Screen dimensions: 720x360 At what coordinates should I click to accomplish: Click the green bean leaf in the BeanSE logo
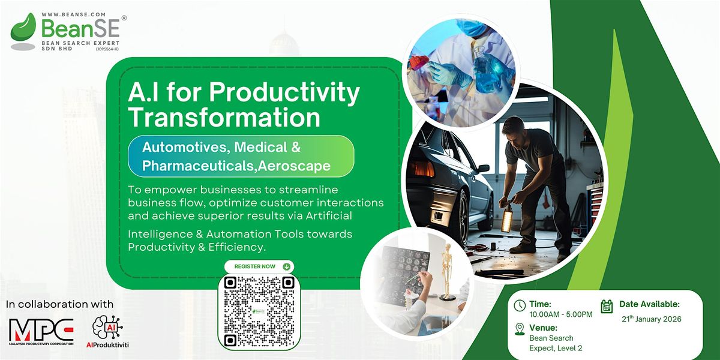pos(23,28)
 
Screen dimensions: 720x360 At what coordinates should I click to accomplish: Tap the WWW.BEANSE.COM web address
pos(74,14)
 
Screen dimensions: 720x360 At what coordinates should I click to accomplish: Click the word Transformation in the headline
pos(224,118)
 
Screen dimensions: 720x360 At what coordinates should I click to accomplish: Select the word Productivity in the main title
pos(284,93)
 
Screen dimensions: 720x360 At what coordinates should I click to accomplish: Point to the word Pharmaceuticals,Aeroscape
pos(236,166)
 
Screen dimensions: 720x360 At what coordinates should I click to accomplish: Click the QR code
pos(259,312)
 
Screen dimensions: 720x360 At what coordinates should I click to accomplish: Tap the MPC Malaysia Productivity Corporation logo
pos(41,332)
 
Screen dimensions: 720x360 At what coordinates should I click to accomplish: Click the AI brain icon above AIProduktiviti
pos(107,327)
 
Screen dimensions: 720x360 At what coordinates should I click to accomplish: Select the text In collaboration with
pos(60,304)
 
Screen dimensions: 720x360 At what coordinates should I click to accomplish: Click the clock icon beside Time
pos(520,305)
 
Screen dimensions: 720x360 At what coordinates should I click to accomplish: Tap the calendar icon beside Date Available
pos(607,306)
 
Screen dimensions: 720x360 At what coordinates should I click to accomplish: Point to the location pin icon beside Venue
pos(520,329)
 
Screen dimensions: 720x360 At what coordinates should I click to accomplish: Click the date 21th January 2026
pos(651,319)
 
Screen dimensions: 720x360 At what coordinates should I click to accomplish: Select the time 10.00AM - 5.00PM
pos(561,314)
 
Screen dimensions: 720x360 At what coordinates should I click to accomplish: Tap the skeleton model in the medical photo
pos(447,270)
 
